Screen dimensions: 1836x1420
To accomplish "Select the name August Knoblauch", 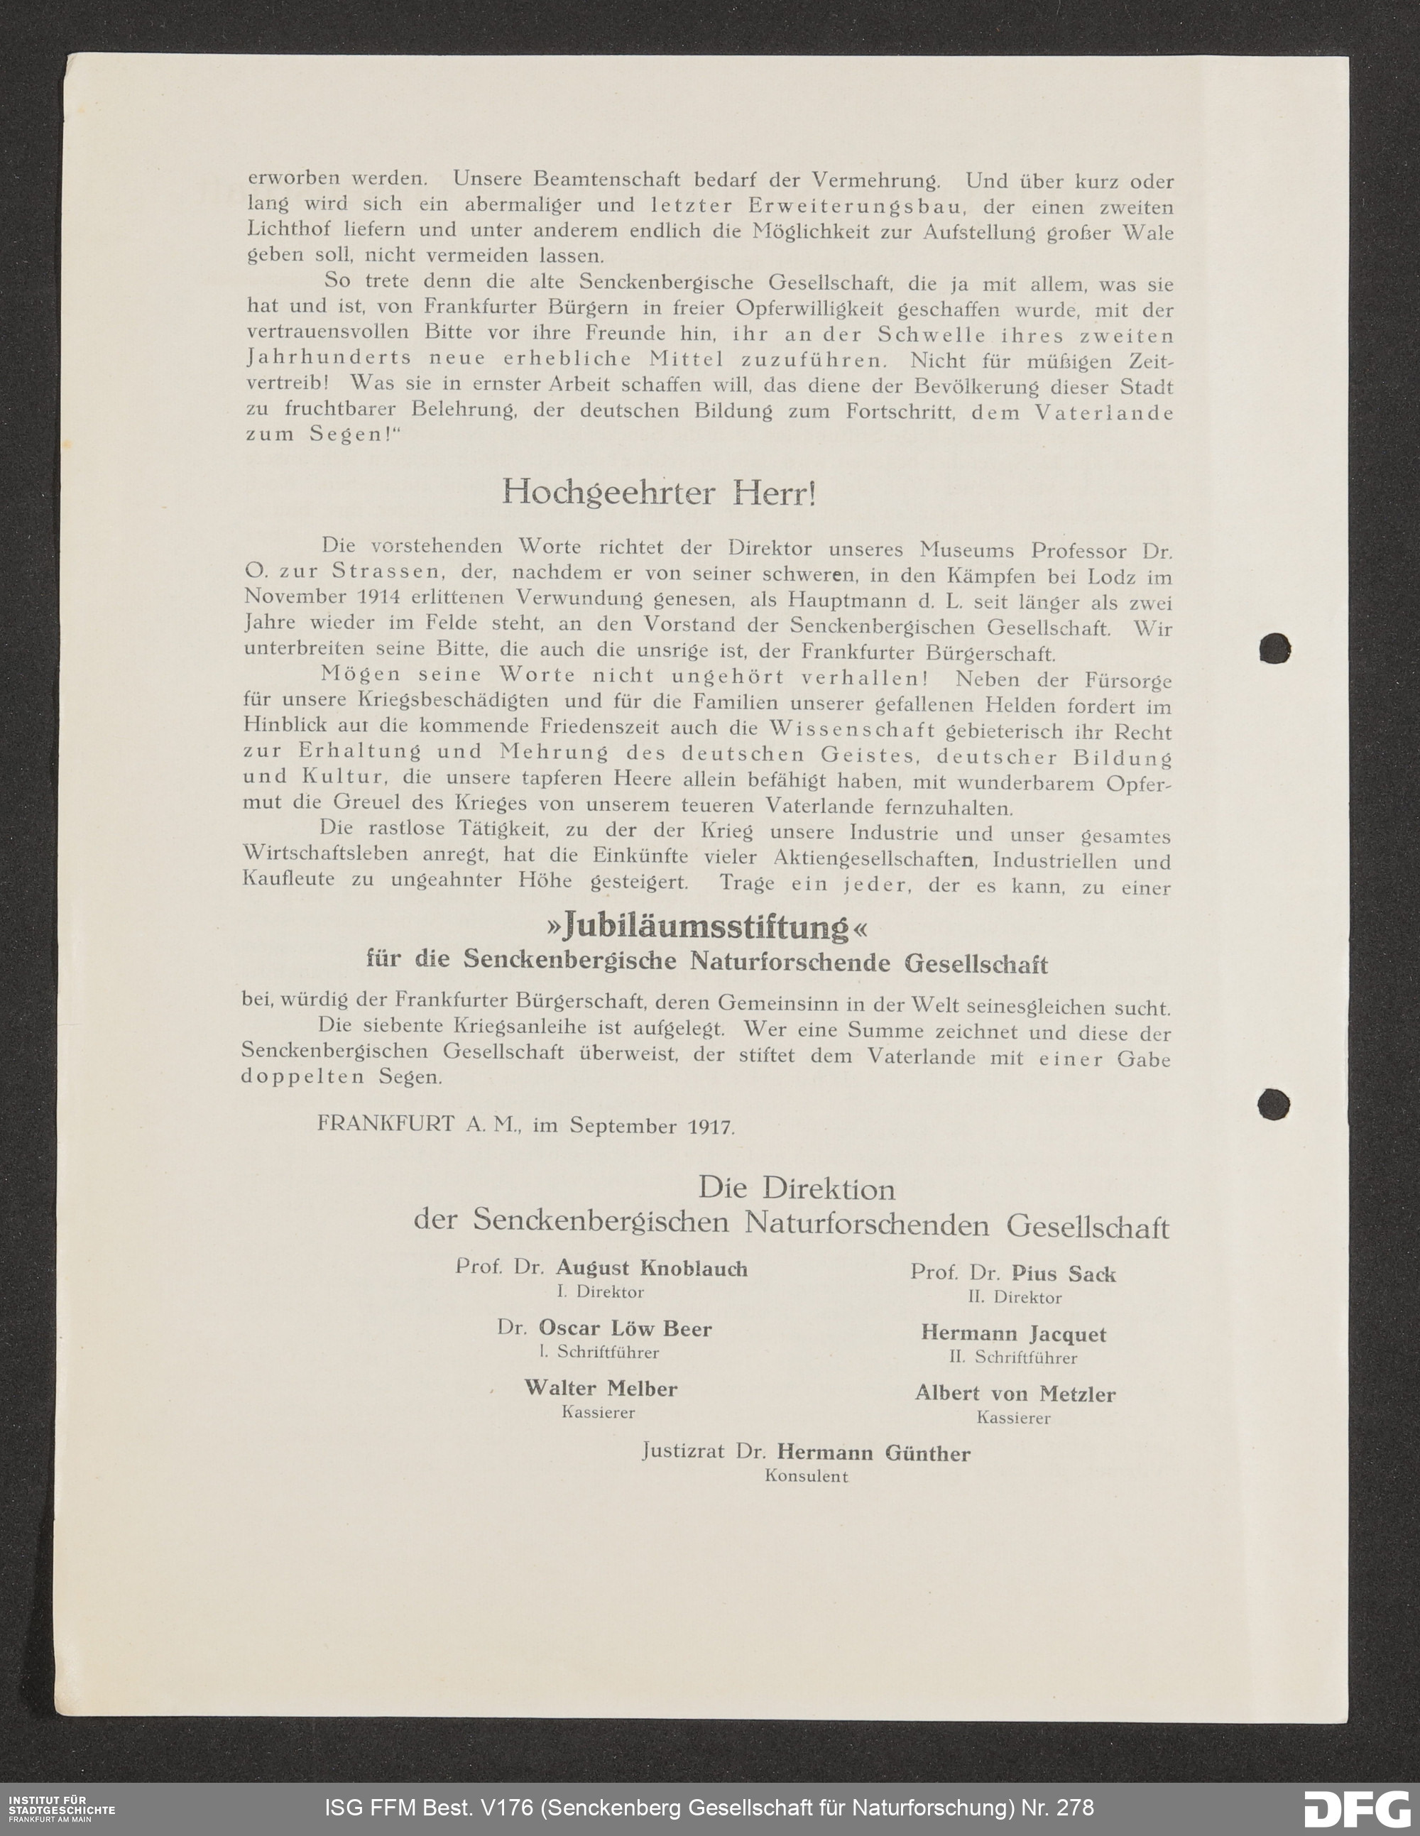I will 652,1269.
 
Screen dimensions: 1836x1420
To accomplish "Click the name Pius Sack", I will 1064,1274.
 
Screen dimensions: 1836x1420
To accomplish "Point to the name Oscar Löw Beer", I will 625,1329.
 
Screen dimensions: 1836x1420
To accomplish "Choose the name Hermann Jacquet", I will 1013,1334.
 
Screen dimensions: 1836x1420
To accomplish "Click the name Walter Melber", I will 600,1388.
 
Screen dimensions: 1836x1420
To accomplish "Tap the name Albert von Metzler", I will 1015,1394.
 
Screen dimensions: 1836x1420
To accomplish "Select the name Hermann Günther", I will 873,1453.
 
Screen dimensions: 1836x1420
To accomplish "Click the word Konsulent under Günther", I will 807,1476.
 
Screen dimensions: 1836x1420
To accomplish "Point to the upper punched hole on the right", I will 1274,648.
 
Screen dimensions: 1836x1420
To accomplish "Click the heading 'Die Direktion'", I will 796,1189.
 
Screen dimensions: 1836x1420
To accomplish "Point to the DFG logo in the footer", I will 1356,1808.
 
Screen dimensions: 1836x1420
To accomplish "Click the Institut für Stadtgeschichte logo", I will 61,1807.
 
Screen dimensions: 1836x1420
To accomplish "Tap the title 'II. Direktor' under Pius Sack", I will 1014,1297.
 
